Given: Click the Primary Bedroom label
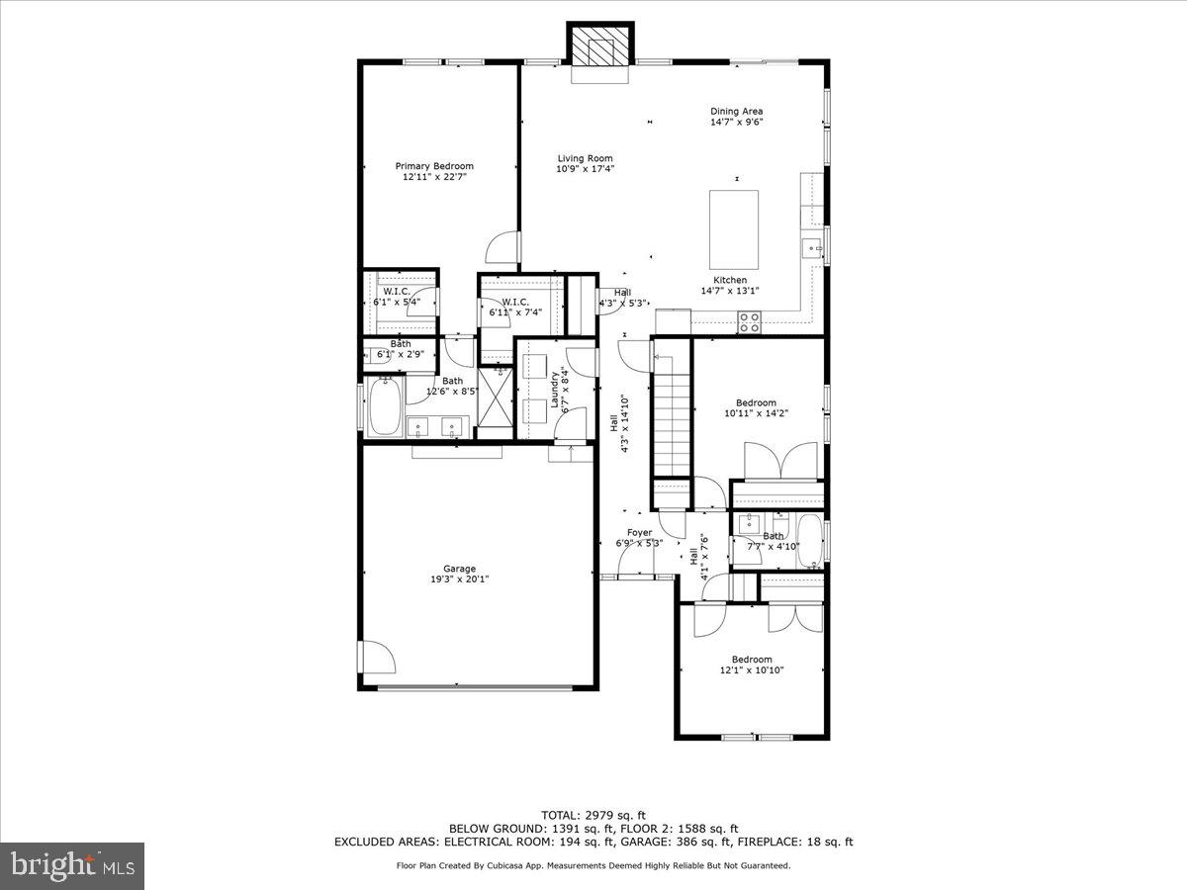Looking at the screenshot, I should pyautogui.click(x=434, y=166).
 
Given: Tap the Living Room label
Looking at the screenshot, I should pyautogui.click(x=585, y=158).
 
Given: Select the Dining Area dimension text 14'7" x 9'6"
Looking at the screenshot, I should pyautogui.click(x=736, y=123).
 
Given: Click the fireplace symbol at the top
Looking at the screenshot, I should pyautogui.click(x=599, y=44).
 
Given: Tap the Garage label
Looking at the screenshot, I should pyautogui.click(x=459, y=569).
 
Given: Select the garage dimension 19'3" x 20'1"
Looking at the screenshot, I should pyautogui.click(x=459, y=579).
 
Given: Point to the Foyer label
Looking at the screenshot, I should pyautogui.click(x=640, y=532).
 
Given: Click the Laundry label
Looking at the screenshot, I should pyautogui.click(x=554, y=389).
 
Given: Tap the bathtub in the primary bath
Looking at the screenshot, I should pyautogui.click(x=384, y=407).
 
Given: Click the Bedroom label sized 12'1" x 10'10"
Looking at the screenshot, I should pyautogui.click(x=752, y=660).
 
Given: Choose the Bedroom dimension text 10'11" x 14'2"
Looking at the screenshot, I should pyautogui.click(x=756, y=413).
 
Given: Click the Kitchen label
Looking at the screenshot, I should pyautogui.click(x=730, y=280).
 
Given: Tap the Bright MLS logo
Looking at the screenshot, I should pyautogui.click(x=72, y=866).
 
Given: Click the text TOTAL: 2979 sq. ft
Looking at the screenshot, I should pyautogui.click(x=593, y=815).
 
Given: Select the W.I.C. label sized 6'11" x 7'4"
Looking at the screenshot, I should pyautogui.click(x=514, y=302).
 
